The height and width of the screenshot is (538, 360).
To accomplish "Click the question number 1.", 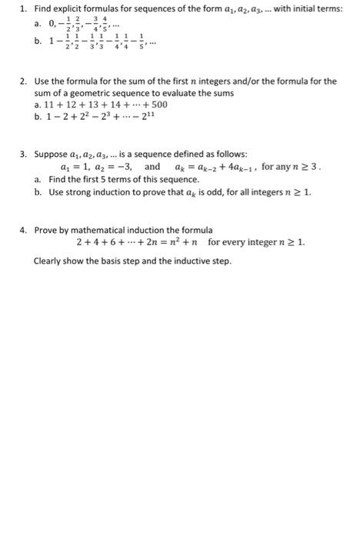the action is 24,8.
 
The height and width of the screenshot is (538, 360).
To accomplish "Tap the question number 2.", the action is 24,81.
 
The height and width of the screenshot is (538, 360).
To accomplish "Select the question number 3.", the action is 24,154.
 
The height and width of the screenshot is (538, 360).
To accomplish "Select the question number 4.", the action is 24,229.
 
